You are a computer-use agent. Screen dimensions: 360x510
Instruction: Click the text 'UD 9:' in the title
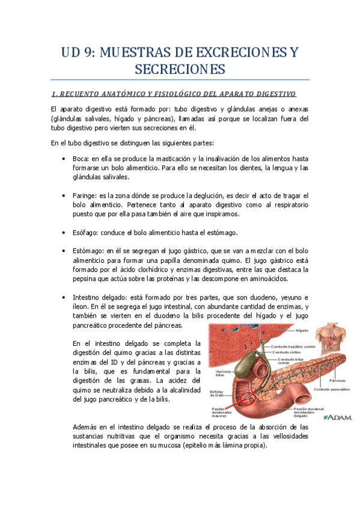point(79,53)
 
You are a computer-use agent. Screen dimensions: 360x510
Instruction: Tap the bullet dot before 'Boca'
point(64,158)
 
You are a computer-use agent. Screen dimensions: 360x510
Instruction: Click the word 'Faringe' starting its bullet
point(85,196)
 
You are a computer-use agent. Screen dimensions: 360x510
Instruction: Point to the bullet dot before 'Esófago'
point(64,233)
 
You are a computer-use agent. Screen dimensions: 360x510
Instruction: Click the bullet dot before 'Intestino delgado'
point(64,298)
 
